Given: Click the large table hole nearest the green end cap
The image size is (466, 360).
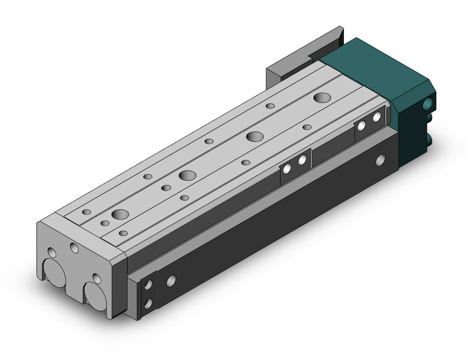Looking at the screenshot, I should point(321,97).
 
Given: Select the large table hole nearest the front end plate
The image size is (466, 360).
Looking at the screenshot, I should point(120,214).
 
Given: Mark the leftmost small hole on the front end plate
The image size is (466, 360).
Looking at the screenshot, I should point(52,253).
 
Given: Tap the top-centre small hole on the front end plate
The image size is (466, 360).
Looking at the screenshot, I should point(74,248).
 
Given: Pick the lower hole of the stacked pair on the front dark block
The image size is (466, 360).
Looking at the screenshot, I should point(148,302).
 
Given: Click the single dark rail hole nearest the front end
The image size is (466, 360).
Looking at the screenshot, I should point(171,280).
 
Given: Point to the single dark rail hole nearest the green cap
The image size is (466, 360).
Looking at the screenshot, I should point(380,160).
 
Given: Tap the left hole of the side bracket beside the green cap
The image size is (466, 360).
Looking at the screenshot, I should point(362,126).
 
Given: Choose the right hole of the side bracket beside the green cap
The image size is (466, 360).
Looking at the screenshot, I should point(377,117).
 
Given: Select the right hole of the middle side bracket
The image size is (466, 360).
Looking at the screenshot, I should point(302,161).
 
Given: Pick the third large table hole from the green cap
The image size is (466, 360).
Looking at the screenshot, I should point(188,175).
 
